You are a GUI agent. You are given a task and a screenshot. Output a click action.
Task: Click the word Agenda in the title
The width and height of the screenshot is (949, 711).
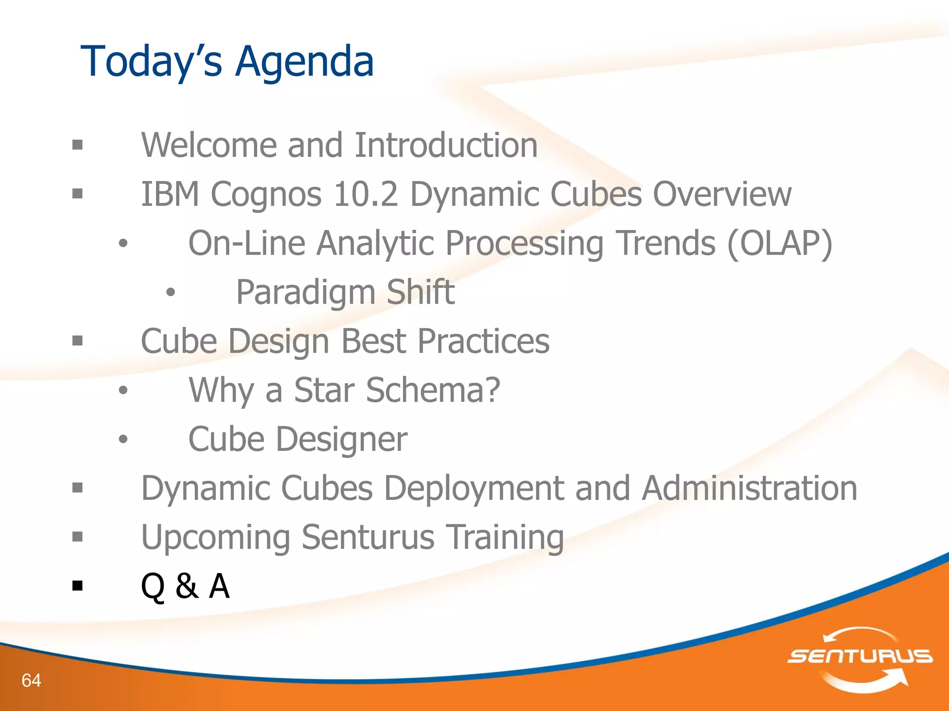304,62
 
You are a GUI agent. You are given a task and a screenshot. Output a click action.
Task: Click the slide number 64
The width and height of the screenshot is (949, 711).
31,680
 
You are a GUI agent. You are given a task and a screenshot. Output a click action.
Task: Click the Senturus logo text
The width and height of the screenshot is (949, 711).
860,656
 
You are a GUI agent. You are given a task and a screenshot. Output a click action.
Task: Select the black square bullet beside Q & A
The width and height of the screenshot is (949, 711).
77,586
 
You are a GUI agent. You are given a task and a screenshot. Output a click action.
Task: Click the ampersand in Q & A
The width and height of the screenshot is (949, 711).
187,586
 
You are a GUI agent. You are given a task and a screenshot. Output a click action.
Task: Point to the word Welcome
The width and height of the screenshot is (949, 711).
209,145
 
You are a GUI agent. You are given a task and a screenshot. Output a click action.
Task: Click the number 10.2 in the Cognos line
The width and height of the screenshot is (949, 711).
365,194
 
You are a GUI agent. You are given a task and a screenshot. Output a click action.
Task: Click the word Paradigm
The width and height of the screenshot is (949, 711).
305,293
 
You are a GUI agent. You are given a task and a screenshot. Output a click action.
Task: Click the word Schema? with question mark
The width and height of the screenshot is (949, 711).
433,390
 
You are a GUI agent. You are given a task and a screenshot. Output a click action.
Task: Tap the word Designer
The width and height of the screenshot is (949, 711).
342,439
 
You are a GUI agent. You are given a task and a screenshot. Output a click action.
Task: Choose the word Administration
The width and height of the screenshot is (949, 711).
749,488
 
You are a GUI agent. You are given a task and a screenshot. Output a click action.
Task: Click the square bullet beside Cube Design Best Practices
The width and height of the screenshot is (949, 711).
77,341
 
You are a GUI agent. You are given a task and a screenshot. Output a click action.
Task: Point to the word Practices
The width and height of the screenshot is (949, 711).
483,341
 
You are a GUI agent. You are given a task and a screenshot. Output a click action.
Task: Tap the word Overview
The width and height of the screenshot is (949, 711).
722,194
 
